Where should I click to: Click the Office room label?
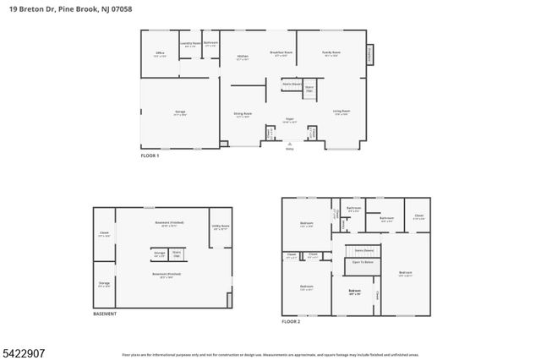click(x=160, y=53)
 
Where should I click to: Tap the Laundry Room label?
click(x=190, y=43)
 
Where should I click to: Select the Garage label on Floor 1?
click(x=180, y=112)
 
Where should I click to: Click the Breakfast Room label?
click(x=281, y=53)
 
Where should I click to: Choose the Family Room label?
click(x=330, y=53)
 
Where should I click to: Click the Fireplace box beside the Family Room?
click(x=369, y=55)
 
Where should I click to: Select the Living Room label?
click(x=341, y=112)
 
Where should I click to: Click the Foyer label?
click(x=289, y=120)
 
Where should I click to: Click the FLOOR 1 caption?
click(x=150, y=156)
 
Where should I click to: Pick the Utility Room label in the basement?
click(x=220, y=226)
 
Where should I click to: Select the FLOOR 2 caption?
click(x=291, y=321)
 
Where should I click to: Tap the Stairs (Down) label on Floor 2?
click(x=364, y=250)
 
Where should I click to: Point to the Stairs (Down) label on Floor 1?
click(x=292, y=85)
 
